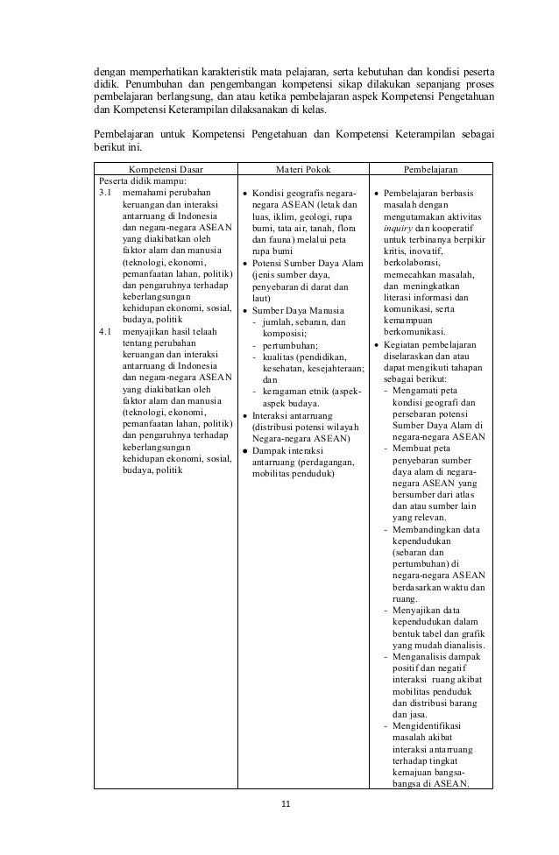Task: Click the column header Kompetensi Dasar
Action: click(164, 168)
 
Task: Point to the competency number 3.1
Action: click(105, 192)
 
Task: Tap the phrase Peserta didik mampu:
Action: click(137, 180)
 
